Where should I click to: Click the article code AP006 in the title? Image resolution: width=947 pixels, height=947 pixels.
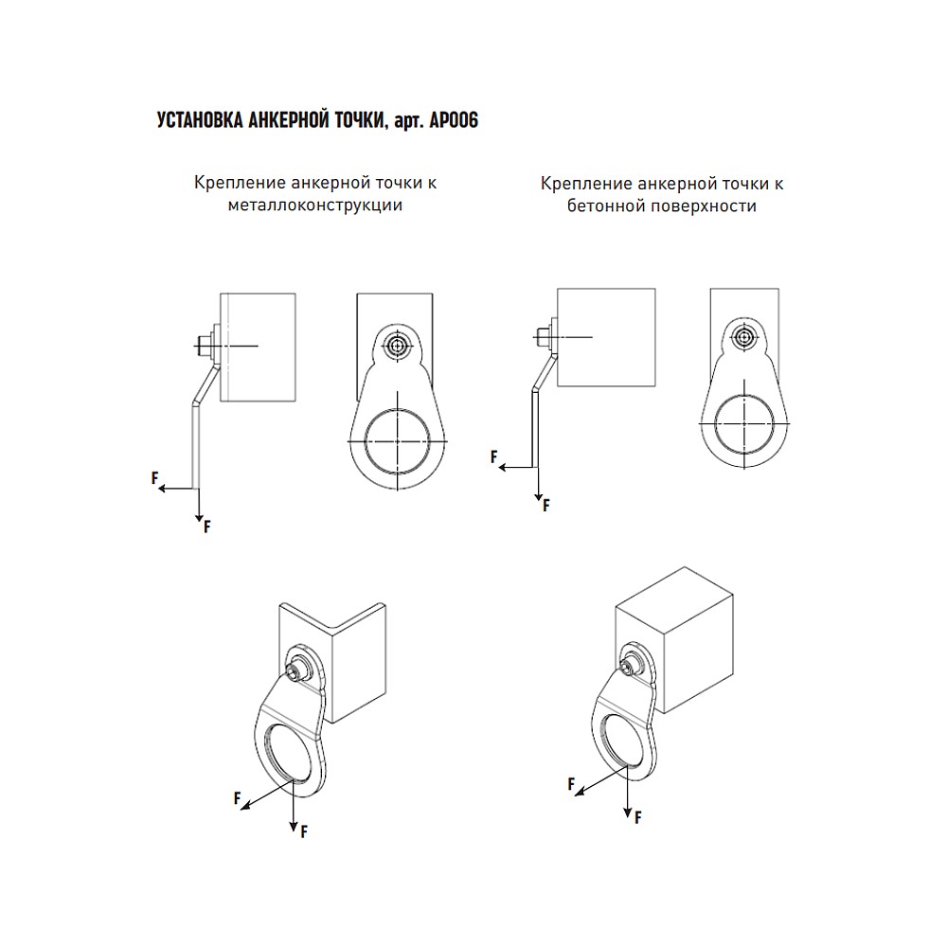point(454,120)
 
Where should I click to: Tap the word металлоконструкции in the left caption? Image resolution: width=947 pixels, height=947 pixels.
point(315,205)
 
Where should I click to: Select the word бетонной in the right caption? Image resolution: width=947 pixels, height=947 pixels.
point(602,205)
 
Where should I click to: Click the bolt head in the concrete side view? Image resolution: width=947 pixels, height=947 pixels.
point(540,337)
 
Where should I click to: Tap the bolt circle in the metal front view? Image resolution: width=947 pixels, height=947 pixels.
point(397,346)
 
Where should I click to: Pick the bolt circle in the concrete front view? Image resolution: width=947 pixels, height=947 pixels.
point(744,337)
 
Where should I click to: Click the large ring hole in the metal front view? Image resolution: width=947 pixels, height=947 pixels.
point(397,441)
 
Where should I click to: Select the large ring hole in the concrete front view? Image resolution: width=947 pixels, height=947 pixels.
point(744,424)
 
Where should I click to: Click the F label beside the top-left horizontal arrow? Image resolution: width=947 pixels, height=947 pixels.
point(154,478)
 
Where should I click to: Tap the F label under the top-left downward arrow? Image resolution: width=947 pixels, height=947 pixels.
point(207,527)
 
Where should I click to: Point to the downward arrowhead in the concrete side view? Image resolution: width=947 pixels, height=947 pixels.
point(538,496)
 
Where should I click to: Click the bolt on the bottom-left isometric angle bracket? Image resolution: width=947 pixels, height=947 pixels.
point(295,672)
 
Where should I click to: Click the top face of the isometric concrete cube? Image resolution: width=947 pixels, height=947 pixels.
point(674,588)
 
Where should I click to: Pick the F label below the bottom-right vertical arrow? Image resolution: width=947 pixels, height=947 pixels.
point(637,818)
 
